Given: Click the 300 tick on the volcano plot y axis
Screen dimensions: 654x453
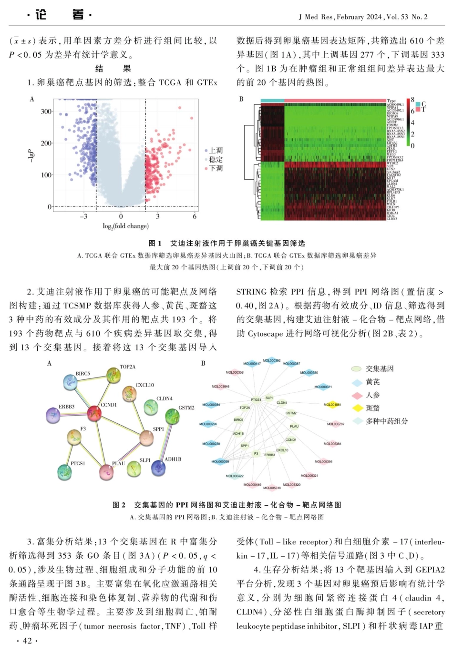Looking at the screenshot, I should pos(46,112).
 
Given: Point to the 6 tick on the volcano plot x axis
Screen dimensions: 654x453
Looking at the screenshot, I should pos(195,216).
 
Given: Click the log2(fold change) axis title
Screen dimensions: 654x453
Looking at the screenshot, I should pos(125,226).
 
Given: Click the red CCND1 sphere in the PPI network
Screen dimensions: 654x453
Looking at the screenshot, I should pos(94,413).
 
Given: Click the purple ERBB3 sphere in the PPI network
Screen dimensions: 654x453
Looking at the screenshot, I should pos(53,415).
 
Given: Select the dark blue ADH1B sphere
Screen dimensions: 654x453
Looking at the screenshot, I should pos(158,468).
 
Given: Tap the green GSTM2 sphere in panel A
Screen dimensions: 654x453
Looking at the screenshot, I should pos(172,416).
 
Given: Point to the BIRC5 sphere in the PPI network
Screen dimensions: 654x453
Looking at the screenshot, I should pos(71,382).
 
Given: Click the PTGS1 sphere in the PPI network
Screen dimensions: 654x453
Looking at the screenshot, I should pos(64,472).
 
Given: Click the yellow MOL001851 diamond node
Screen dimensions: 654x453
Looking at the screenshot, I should pos(332,405).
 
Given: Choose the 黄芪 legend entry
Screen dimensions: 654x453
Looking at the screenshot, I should pos(372,382).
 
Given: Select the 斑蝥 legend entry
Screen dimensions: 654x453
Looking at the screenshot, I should pos(372,408).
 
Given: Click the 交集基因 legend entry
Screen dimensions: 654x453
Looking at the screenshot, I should pos(379,369).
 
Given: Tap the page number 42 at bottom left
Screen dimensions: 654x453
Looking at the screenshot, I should pos(27,640).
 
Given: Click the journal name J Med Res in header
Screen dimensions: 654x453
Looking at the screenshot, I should pos(316,17).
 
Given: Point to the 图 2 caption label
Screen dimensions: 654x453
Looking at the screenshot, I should pos(119,505).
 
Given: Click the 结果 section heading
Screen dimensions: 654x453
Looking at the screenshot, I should pos(113,69).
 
